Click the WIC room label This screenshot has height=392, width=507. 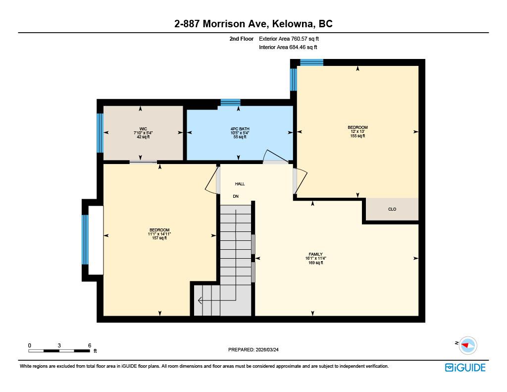143,129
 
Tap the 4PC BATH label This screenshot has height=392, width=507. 240,129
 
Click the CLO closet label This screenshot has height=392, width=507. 392,209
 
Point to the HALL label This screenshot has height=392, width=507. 240,184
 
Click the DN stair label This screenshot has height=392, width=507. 236,196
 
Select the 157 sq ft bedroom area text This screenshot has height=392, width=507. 159,238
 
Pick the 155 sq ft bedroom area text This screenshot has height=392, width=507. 357,136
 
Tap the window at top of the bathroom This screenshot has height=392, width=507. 230,103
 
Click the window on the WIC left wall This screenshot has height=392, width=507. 100,133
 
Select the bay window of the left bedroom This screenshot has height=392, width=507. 85,240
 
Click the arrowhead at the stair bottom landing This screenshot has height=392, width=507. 200,300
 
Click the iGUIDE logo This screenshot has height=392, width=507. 465,367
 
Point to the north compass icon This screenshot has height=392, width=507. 467,345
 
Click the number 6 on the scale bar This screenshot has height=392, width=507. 90,345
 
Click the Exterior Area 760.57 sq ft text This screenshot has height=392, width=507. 293,39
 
